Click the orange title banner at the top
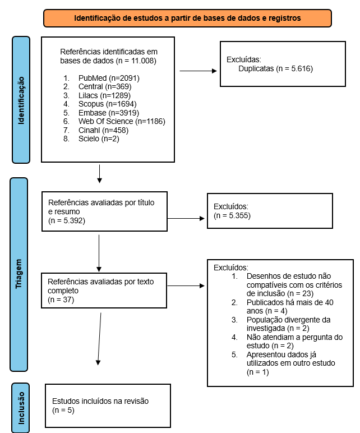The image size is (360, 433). pos(187,18)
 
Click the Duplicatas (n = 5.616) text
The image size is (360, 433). pos(275,69)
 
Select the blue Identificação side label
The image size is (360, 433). pos(21,100)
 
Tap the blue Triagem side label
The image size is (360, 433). pos(19,274)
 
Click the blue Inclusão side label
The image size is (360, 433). pos(20,408)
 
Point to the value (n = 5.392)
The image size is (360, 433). pos(67,220)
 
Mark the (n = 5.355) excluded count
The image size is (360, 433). pos(232,216)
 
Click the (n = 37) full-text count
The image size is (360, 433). pos(61,300)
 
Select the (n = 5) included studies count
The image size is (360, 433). pos(63,411)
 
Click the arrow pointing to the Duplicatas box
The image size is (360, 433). pos(198,71)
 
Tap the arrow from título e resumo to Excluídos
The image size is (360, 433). pos(186,218)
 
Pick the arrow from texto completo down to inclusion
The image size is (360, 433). pos(99,339)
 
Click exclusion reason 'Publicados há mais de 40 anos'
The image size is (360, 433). pos(290,307)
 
